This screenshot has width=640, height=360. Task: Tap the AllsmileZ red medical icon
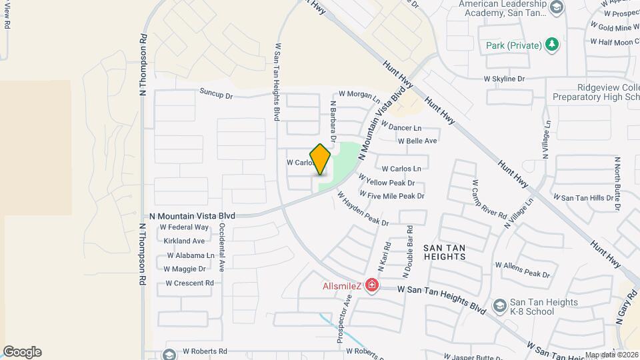coord(372,286)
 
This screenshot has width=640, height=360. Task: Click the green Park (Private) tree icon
coord(551,45)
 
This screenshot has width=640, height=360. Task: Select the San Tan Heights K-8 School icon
coord(499,306)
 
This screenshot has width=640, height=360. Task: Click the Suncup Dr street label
coord(215,95)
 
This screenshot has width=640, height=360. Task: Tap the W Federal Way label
coord(184,227)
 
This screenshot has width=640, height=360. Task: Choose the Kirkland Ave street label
coord(184,241)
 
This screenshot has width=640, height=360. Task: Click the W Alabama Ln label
coord(191,255)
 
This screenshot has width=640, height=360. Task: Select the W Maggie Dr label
coord(185,269)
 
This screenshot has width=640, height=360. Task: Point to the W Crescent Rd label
coord(189,283)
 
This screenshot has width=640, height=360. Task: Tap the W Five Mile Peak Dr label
coord(392,196)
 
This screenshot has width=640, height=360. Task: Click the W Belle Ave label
coord(417,141)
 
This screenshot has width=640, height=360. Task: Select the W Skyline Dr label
coord(505,79)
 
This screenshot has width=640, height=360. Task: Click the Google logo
coord(22,352)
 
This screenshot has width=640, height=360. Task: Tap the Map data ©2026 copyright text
coord(611,355)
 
